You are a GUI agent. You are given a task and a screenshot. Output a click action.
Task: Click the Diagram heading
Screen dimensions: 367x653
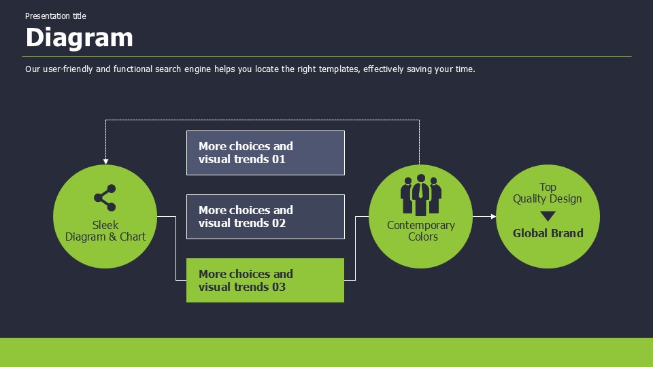(79, 37)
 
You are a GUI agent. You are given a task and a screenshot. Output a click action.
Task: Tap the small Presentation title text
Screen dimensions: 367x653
(56, 16)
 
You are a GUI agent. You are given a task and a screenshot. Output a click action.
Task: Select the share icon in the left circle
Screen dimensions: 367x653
(105, 198)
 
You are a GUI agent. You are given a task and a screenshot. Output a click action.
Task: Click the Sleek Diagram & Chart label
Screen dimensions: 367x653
(105, 231)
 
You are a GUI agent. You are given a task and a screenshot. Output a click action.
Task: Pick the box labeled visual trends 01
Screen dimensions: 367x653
(265, 153)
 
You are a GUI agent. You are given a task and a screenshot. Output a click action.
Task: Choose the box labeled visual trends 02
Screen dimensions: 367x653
(265, 217)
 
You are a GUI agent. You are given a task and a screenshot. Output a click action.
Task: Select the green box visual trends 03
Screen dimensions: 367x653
(265, 280)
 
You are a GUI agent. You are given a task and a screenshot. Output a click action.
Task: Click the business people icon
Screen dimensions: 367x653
(420, 196)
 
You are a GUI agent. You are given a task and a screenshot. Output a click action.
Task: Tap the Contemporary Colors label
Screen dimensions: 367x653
(421, 231)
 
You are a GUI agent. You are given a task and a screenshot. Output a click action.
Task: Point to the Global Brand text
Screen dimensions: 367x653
(548, 233)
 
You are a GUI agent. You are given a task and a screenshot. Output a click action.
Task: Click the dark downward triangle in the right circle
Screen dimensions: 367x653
(548, 216)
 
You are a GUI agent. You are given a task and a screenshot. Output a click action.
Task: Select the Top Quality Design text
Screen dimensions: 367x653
(548, 193)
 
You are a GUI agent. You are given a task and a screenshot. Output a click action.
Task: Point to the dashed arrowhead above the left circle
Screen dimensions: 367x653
(105, 161)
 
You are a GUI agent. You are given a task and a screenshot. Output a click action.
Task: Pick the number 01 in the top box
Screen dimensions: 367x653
(278, 160)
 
